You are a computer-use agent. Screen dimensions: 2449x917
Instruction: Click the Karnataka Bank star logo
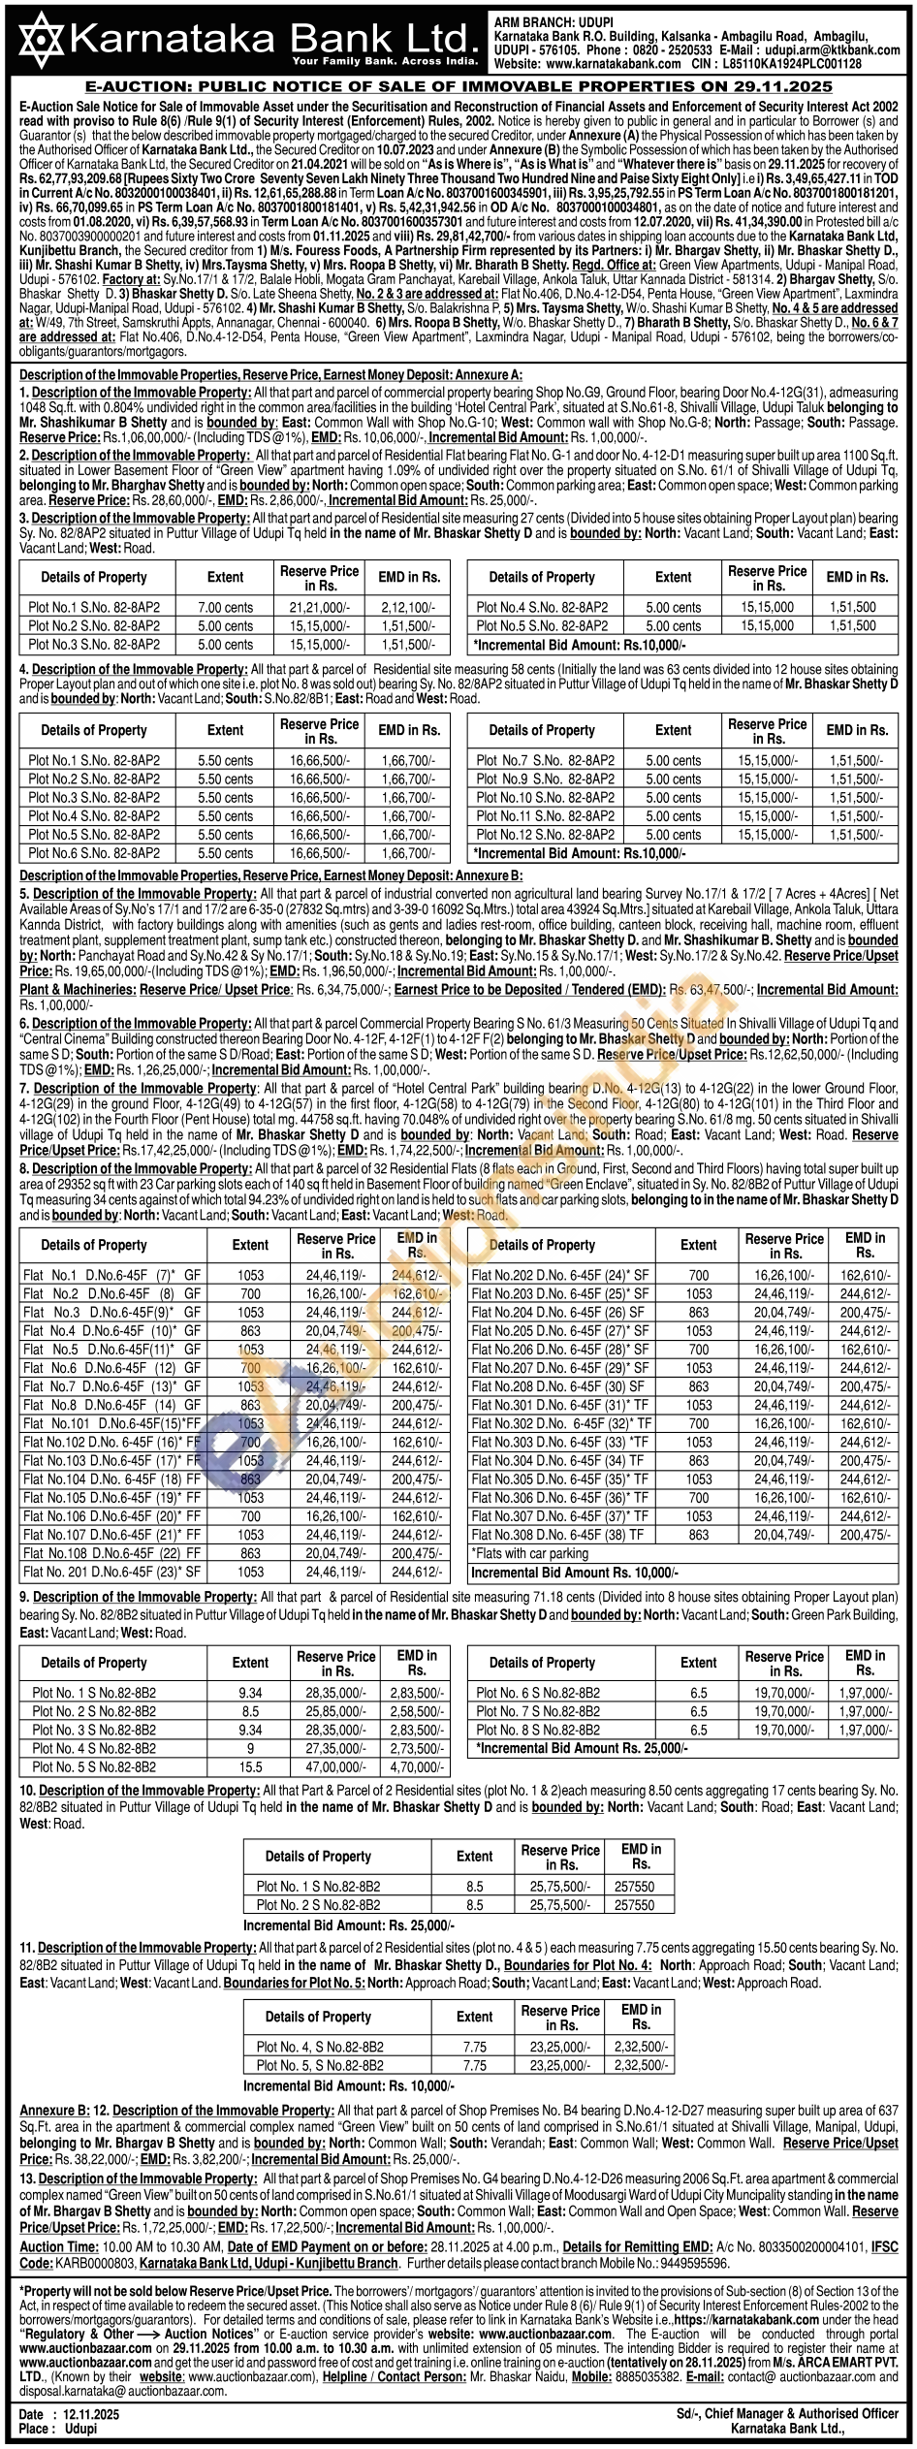click(37, 40)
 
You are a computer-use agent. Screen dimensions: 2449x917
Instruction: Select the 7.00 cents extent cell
click(225, 608)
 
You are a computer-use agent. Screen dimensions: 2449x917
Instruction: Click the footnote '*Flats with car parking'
click(529, 1553)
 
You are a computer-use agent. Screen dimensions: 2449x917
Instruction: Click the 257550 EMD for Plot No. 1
click(634, 1887)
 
